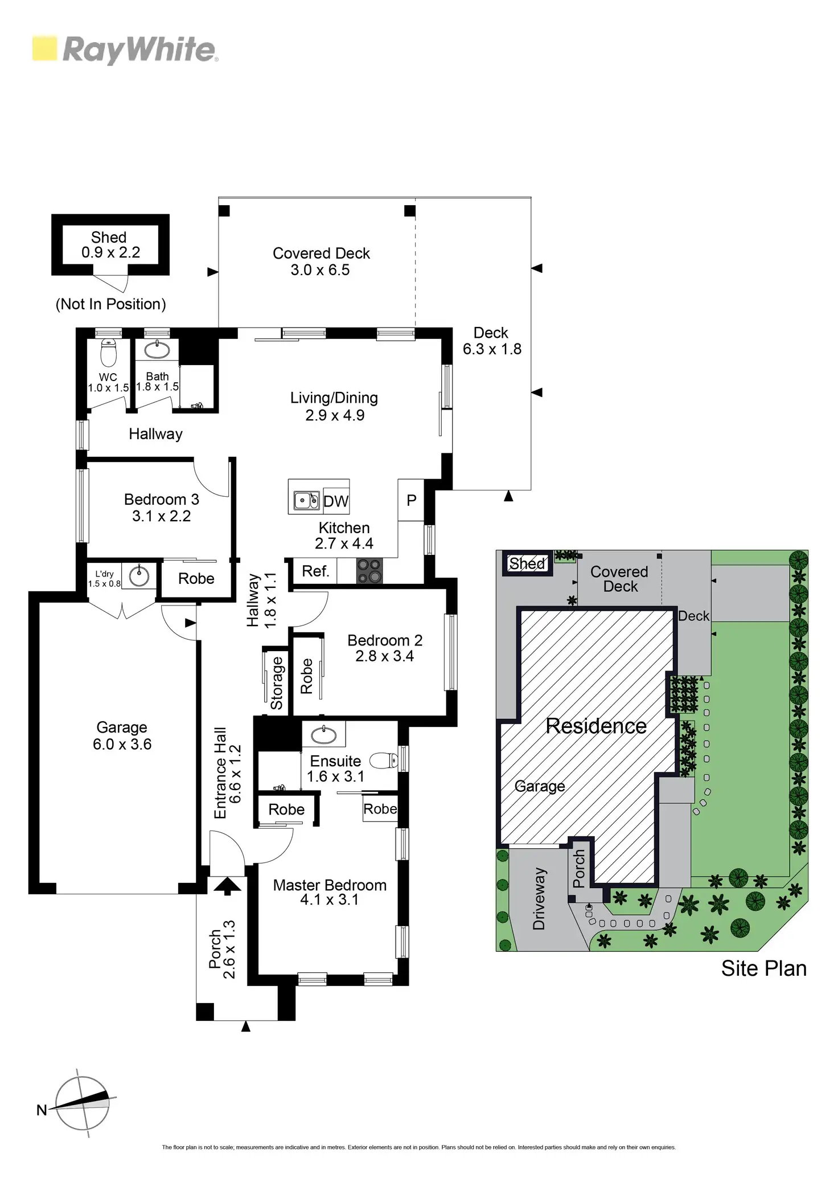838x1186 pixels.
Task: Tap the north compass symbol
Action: tap(83, 1103)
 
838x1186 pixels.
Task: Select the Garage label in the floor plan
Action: tap(122, 727)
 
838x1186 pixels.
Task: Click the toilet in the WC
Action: tap(108, 353)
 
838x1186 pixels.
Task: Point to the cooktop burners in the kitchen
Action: tap(369, 571)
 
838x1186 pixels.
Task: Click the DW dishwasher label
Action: tap(335, 501)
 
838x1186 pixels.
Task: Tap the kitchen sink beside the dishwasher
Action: tap(306, 501)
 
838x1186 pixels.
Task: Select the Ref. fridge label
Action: tap(315, 571)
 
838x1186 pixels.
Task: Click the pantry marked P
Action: tap(411, 500)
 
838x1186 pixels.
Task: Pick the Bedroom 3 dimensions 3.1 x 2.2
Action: tap(162, 516)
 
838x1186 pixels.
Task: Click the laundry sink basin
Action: tap(139, 576)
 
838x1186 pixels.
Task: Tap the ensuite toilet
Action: tap(384, 760)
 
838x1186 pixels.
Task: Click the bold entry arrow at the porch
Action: tap(227, 885)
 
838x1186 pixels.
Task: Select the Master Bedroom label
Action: tap(330, 885)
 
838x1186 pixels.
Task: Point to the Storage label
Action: tap(277, 683)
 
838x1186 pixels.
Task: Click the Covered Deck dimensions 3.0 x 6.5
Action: tap(320, 270)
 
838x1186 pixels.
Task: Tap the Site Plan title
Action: tap(763, 968)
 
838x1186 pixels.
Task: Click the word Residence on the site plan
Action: tap(595, 726)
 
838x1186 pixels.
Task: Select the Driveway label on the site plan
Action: tap(539, 898)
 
